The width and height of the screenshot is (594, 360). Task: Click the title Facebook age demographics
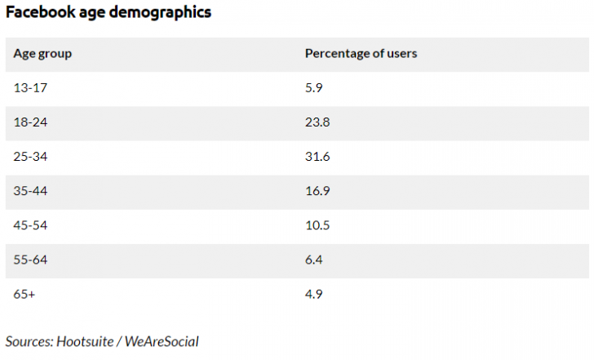[x=108, y=13]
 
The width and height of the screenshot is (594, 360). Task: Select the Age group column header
[x=42, y=54]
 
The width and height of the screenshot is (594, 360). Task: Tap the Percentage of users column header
[x=361, y=54]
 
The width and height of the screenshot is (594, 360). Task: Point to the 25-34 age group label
[x=30, y=157]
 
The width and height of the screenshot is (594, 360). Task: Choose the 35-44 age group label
[x=30, y=191]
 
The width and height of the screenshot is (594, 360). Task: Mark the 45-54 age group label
[x=30, y=225]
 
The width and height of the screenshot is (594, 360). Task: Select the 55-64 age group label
[x=30, y=260]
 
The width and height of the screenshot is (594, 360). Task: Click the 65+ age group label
[x=24, y=294]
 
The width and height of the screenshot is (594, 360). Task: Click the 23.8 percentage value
[x=317, y=122]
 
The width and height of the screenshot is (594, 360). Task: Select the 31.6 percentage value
[x=317, y=157]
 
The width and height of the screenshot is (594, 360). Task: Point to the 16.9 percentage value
[x=317, y=191]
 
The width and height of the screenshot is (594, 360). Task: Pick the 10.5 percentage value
[x=317, y=225]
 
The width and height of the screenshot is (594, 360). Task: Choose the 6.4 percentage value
[x=314, y=260]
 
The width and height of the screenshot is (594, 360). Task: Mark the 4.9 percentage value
[x=314, y=294]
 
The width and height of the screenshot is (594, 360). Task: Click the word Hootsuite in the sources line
[x=87, y=341]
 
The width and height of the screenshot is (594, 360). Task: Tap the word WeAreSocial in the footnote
[x=162, y=341]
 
